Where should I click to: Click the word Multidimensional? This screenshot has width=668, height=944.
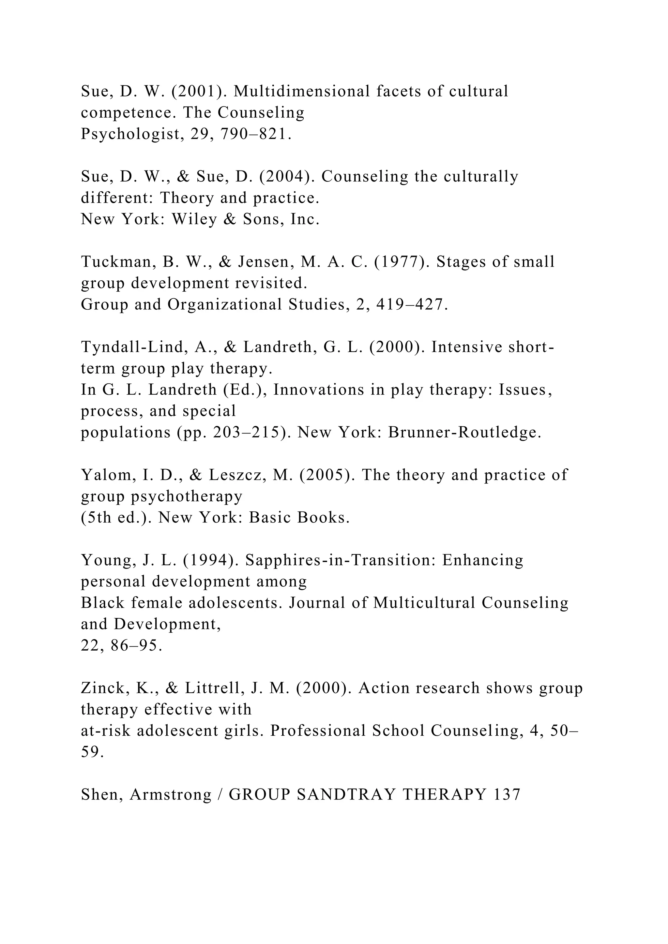click(x=302, y=91)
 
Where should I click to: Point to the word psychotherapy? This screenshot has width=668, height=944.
click(x=187, y=497)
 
